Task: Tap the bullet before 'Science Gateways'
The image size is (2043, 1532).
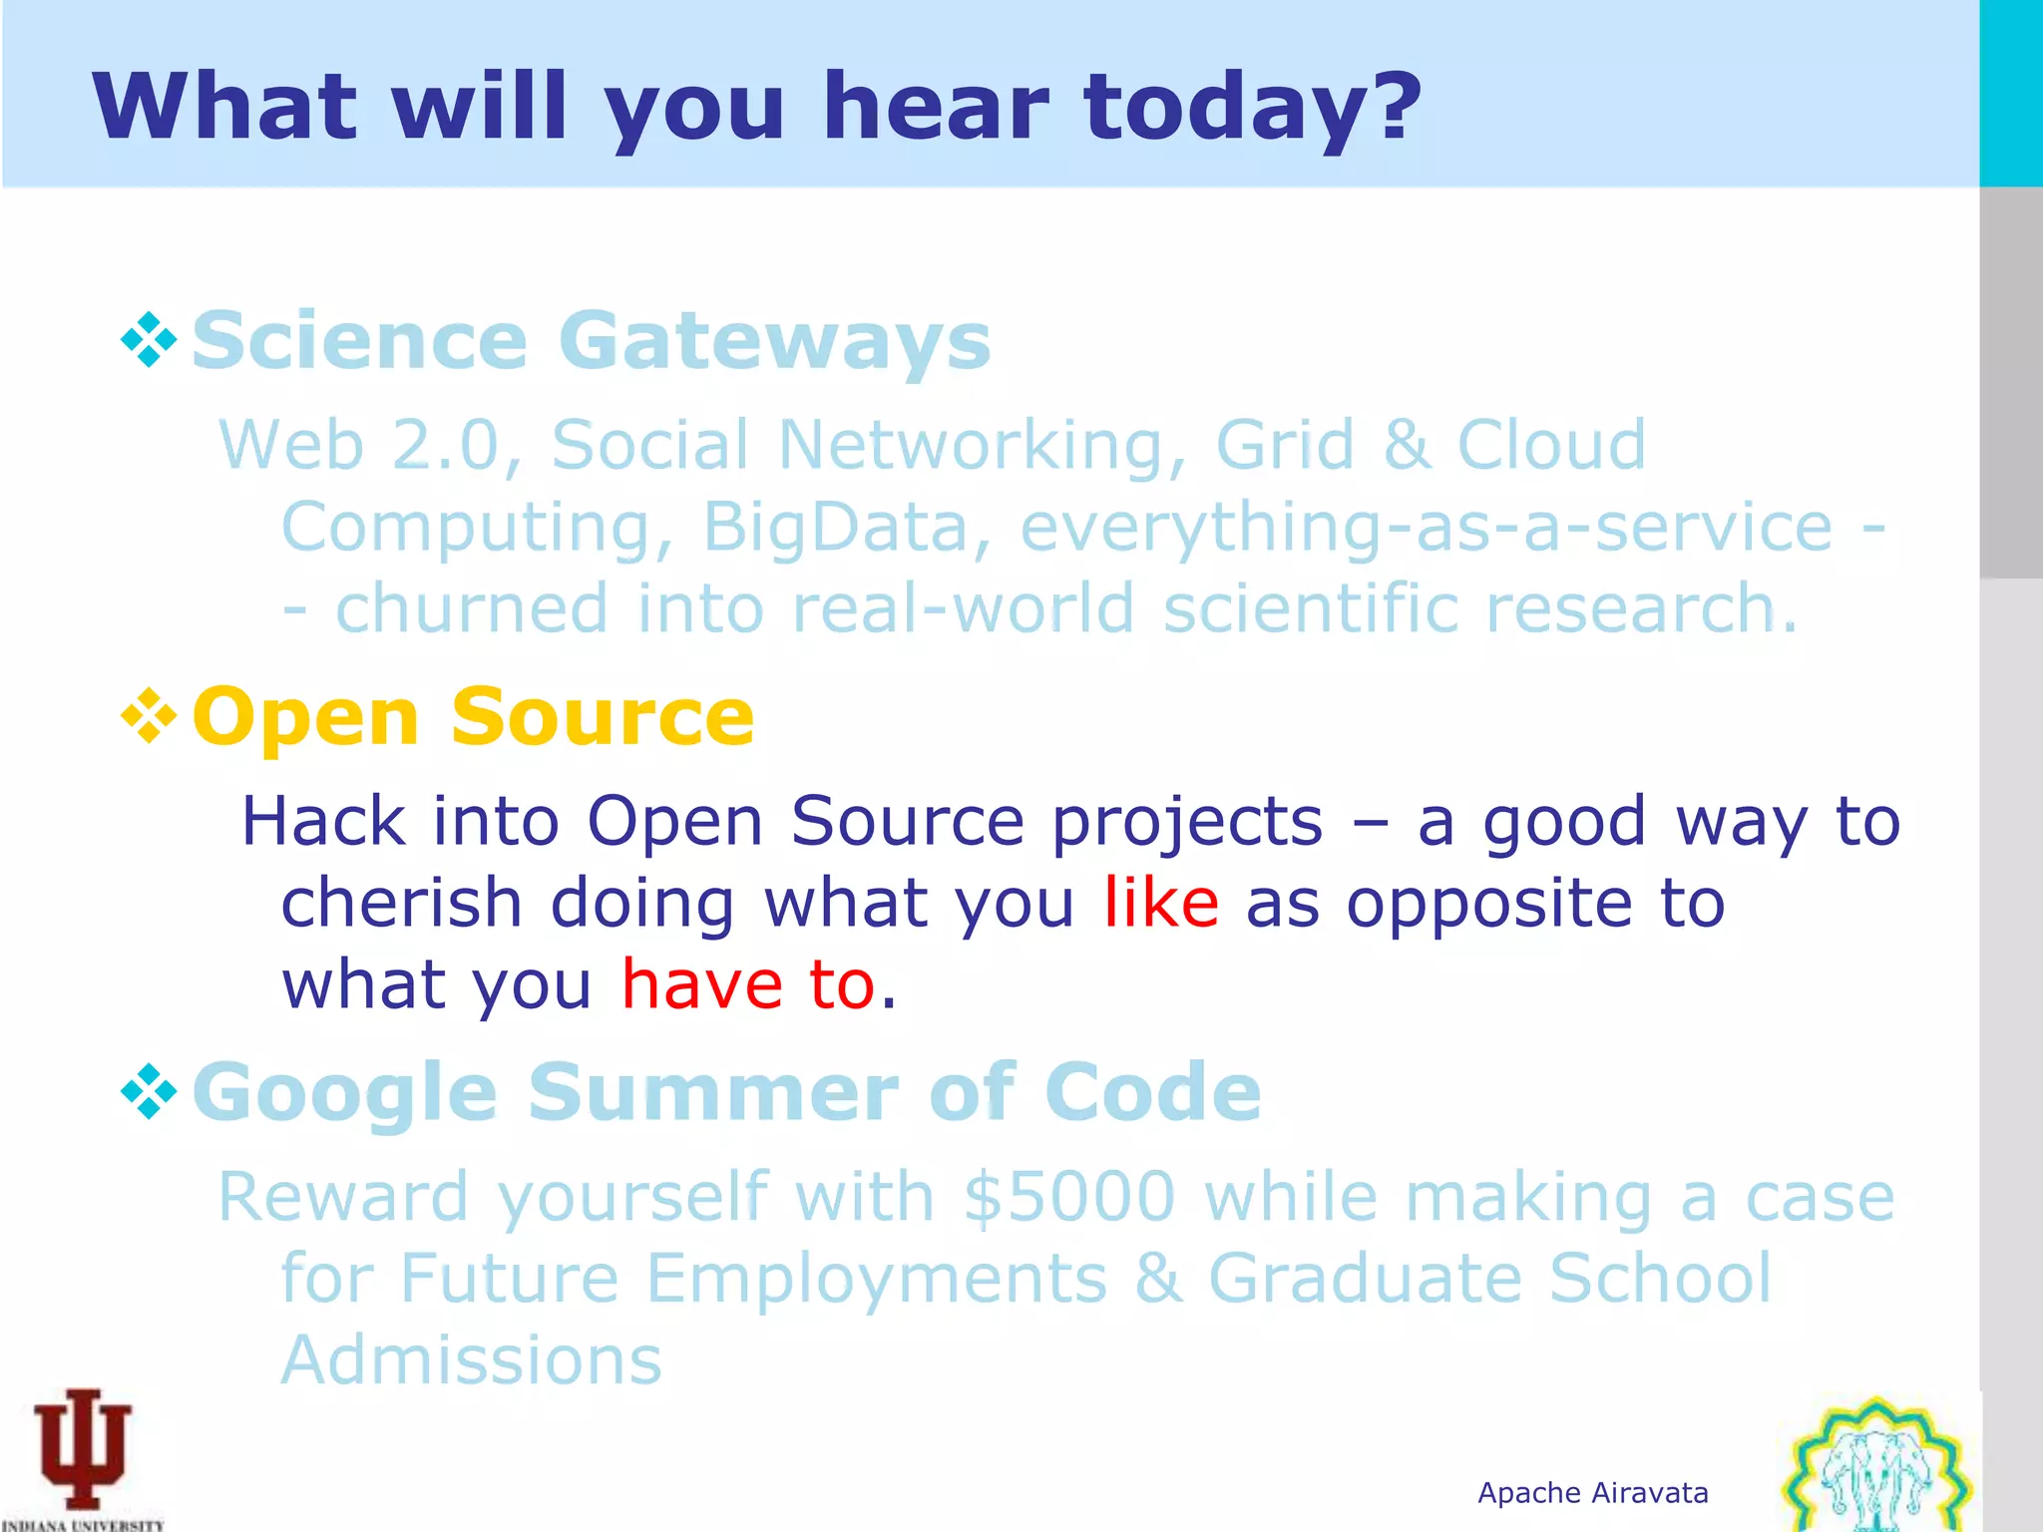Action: coord(149,340)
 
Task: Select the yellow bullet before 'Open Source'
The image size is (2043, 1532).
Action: coord(149,716)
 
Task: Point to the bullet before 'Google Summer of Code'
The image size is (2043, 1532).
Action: coord(149,1091)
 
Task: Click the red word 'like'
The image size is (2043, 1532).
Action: coord(1161,903)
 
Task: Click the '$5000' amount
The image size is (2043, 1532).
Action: coord(1069,1197)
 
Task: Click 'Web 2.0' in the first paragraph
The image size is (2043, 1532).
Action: coord(359,445)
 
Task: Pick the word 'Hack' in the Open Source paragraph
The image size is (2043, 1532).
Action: coord(323,821)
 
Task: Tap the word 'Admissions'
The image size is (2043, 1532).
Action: coord(471,1360)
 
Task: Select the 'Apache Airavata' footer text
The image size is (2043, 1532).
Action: coord(1592,1493)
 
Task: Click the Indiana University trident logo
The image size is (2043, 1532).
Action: coord(83,1452)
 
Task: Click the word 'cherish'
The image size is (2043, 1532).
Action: coord(401,903)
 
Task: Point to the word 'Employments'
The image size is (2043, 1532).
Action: coord(876,1279)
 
